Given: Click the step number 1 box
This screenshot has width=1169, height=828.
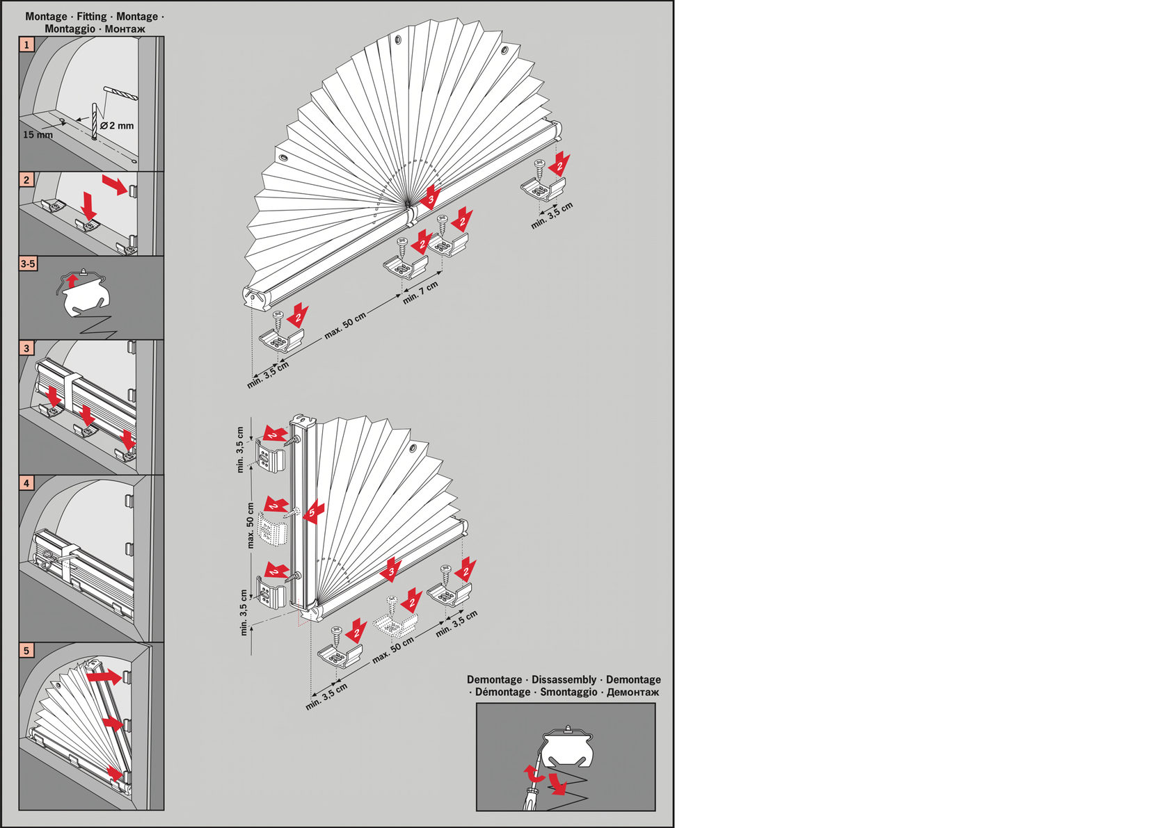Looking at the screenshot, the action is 26,44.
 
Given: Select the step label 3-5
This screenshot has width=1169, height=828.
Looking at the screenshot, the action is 28,264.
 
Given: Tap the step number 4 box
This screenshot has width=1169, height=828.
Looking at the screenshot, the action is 26,482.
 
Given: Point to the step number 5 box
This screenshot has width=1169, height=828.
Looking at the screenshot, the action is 26,650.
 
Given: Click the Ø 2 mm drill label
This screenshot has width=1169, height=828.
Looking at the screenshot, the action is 117,126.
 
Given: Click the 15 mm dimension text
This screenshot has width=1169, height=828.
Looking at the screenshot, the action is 38,135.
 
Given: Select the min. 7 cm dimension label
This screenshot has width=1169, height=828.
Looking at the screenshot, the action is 420,293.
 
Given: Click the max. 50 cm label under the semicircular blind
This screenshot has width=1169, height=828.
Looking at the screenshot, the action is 345,326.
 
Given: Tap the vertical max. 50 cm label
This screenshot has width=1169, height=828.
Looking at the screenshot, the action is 250,525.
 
